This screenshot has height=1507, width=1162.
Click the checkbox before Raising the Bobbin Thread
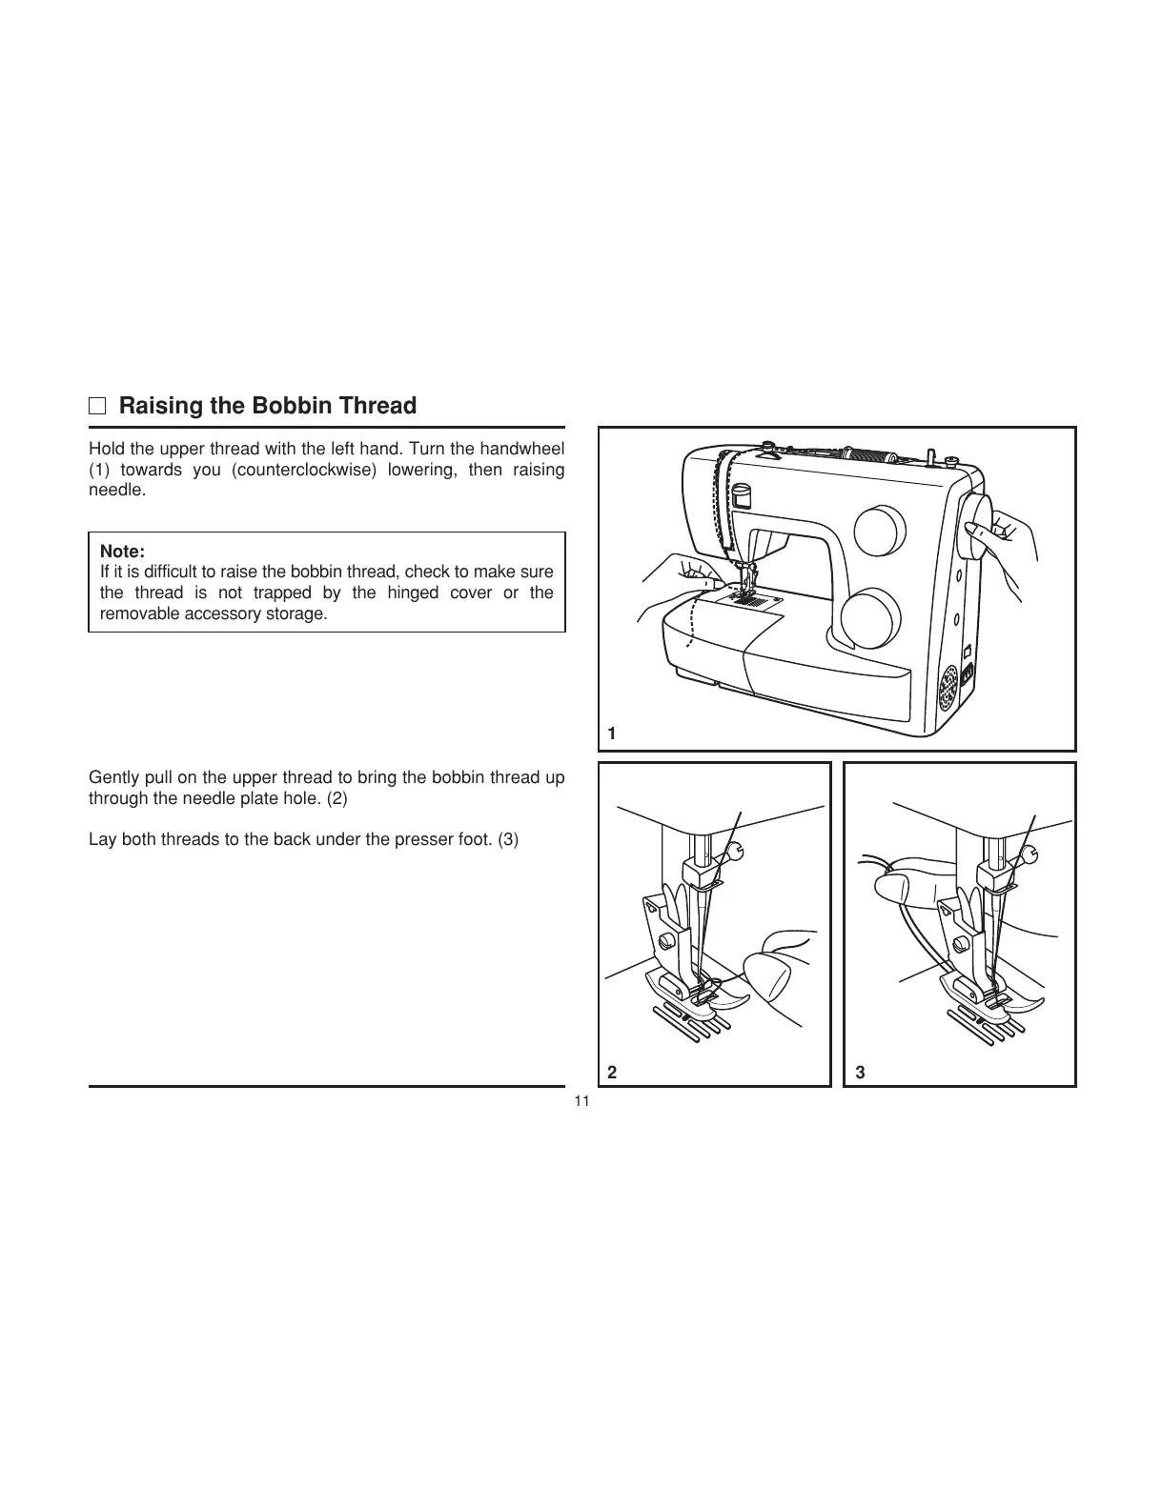pyautogui.click(x=97, y=407)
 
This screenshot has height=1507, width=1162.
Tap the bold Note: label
pyautogui.click(x=122, y=552)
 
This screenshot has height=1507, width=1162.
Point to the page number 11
pyautogui.click(x=581, y=1101)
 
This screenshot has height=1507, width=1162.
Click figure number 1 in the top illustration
pyautogui.click(x=612, y=733)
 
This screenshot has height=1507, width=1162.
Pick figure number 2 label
pyautogui.click(x=612, y=1072)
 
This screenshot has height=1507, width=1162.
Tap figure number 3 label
pyautogui.click(x=860, y=1072)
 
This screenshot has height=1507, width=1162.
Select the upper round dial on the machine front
pyautogui.click(x=880, y=531)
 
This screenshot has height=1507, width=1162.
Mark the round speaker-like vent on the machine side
pyautogui.click(x=948, y=687)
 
